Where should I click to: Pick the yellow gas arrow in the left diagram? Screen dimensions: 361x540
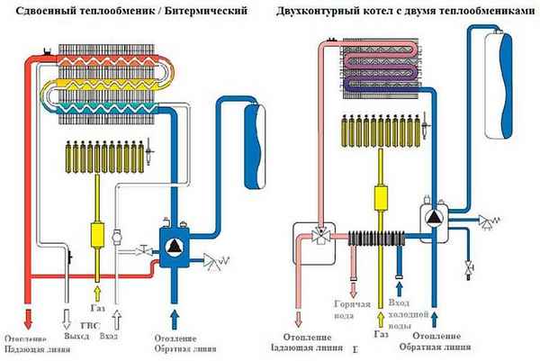(95, 293)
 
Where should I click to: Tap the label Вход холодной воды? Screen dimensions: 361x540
(401, 310)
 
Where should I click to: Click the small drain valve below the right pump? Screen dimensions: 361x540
(466, 267)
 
